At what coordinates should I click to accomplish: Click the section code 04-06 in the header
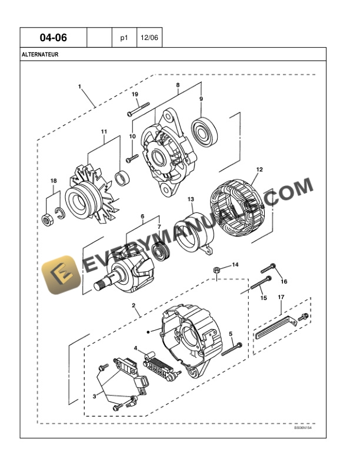click(x=53, y=38)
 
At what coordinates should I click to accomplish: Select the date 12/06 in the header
click(x=149, y=38)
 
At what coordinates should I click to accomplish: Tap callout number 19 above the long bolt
click(x=135, y=95)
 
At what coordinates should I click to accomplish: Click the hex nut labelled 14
click(x=216, y=269)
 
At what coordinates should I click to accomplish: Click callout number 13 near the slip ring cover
click(x=191, y=200)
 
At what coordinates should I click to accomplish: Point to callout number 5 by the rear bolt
click(x=231, y=334)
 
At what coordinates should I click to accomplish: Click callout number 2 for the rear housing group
click(x=134, y=305)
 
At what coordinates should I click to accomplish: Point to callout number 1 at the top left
click(x=79, y=87)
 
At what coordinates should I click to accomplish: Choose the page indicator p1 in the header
click(x=124, y=38)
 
